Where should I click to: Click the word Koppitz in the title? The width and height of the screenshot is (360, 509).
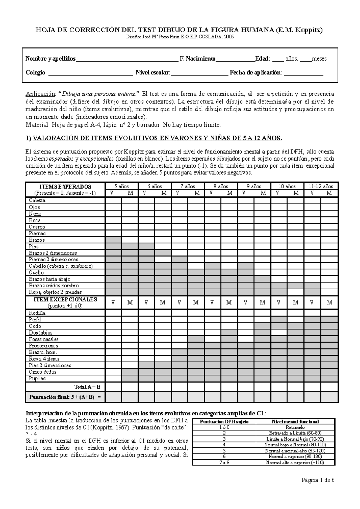tap(309, 30)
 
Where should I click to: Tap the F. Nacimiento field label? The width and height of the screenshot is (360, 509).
tap(197, 59)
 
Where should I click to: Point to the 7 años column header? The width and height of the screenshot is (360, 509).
tap(188, 186)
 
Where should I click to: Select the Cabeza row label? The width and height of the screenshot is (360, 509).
tap(37, 200)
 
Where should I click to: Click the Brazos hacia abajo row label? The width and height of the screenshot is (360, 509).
tap(49, 279)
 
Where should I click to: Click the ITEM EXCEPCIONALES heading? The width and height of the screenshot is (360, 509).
tap(65, 299)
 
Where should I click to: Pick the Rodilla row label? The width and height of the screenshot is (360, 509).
tap(37, 313)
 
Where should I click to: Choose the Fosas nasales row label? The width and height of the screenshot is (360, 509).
tap(44, 339)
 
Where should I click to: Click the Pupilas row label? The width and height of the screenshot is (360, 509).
tap(37, 378)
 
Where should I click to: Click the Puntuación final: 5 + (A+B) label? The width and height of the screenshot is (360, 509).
tap(65, 397)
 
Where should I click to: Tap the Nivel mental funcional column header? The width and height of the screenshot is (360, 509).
tap(295, 421)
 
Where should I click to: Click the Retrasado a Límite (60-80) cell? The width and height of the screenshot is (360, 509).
tap(295, 433)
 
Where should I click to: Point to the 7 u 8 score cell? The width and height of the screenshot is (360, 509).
tap(224, 462)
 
